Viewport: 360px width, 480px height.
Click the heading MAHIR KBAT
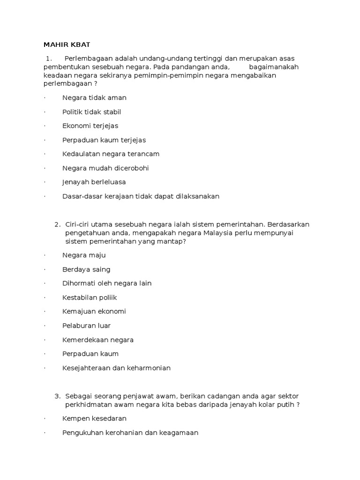67,45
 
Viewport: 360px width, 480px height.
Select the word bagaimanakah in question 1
274,67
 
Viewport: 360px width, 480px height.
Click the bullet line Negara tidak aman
94,98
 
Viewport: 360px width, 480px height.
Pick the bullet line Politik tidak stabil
91,112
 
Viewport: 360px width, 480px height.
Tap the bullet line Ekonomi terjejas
90,126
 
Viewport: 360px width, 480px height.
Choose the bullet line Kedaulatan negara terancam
111,154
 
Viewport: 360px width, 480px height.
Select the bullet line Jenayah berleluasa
94,182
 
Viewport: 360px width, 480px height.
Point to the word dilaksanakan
197,196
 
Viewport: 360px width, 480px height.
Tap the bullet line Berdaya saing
86,270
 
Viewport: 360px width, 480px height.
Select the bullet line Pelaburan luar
86,326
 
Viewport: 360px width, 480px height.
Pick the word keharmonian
149,368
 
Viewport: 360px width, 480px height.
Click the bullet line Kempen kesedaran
94,419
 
